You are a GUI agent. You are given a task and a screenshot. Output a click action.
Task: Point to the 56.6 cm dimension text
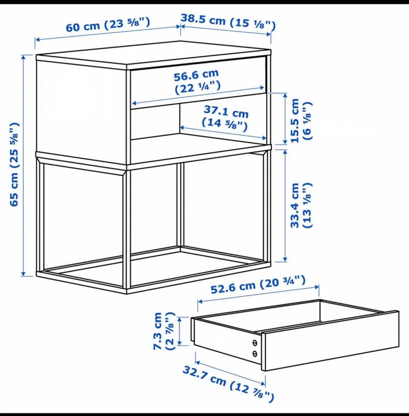(x=196, y=77)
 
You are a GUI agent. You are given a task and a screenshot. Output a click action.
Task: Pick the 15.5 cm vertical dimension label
(x=295, y=121)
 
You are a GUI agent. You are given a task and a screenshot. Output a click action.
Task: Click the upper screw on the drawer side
(x=255, y=343)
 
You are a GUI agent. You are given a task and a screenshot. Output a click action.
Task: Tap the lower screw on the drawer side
(x=255, y=354)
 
